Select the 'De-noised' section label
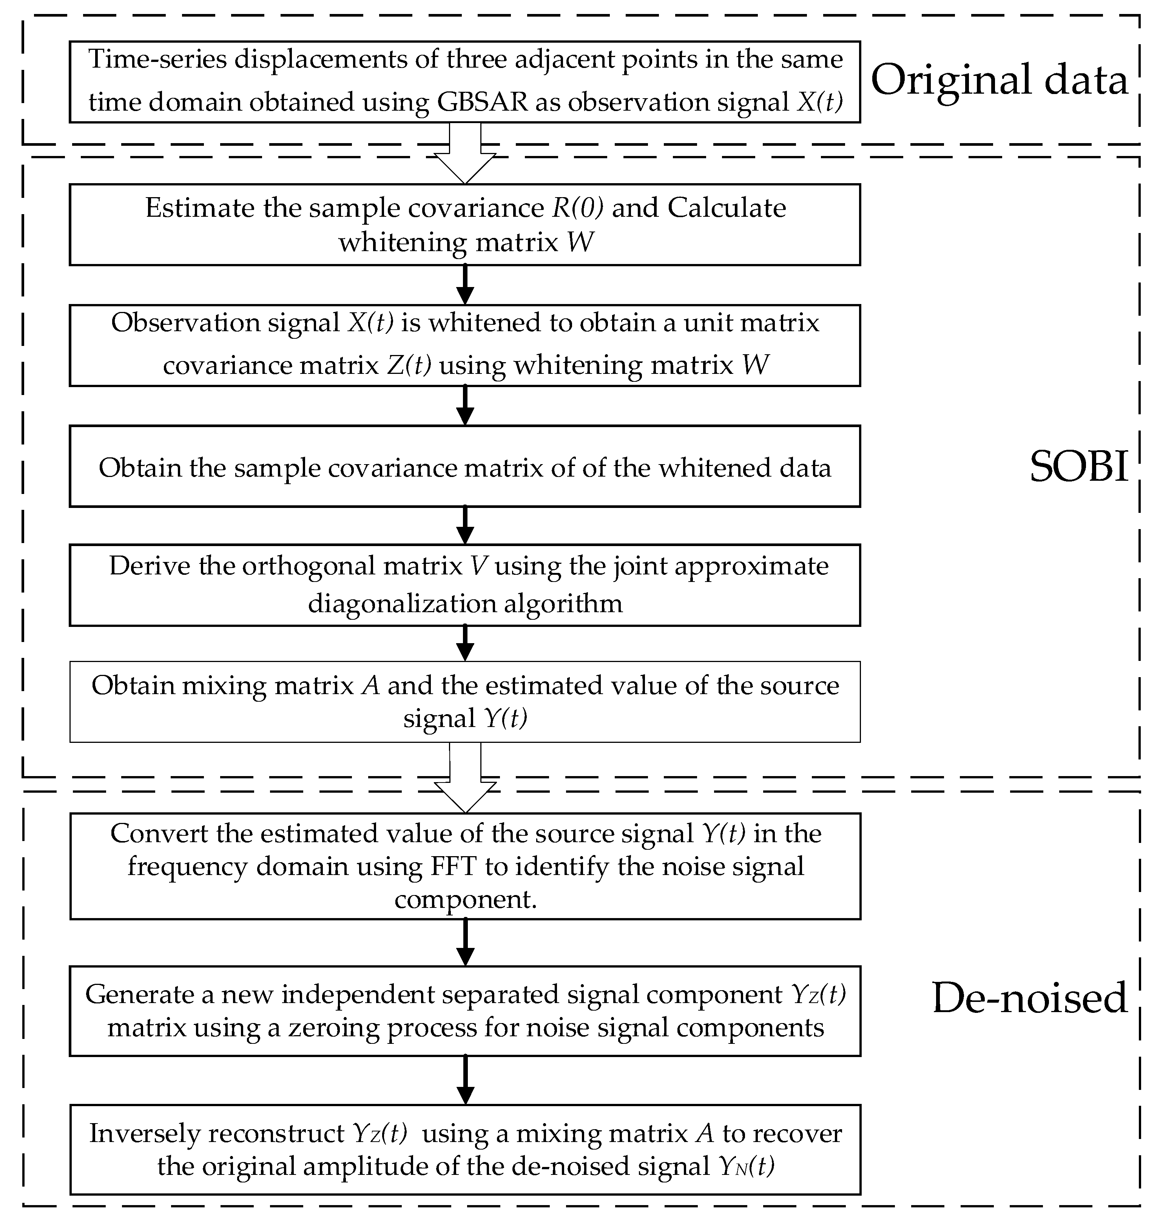click(x=1029, y=997)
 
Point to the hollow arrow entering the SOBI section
click(x=465, y=154)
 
